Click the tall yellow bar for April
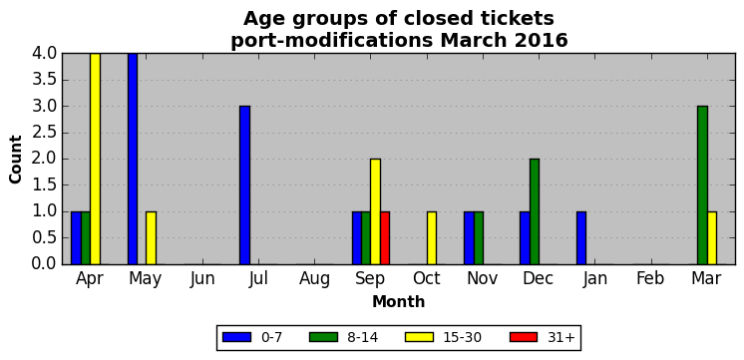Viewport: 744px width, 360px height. [x=95, y=159]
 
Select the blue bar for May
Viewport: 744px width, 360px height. [x=133, y=159]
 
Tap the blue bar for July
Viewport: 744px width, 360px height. [x=244, y=184]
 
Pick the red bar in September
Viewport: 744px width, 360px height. [x=385, y=237]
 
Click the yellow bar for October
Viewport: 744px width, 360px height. [x=431, y=237]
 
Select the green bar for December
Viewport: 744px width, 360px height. [x=535, y=211]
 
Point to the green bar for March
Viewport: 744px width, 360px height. [x=702, y=184]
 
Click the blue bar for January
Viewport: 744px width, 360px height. [x=580, y=237]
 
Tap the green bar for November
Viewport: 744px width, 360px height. [x=479, y=237]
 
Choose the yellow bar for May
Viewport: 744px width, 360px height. [x=151, y=237]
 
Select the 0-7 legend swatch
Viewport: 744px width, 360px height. [x=236, y=337]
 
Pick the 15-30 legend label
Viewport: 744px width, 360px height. [x=462, y=337]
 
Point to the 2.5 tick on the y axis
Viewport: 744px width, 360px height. [x=44, y=133]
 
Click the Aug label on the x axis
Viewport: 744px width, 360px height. [x=314, y=279]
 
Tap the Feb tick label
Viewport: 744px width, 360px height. [x=650, y=279]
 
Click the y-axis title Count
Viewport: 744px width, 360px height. [x=16, y=160]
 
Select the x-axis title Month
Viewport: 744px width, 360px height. [x=399, y=301]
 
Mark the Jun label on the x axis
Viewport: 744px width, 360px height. [x=202, y=279]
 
